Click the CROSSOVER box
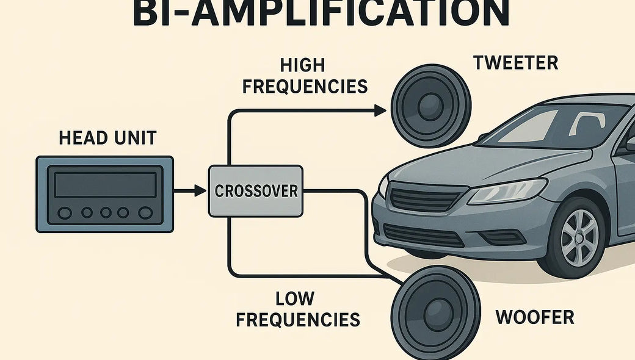256,191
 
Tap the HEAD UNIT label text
107,138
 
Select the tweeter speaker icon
431,107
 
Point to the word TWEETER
515,63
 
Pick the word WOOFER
534,317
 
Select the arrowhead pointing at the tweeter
380,110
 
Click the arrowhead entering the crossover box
199,191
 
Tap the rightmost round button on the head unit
145,212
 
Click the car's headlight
506,192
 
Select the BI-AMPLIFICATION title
320,13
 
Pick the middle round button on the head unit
105,212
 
